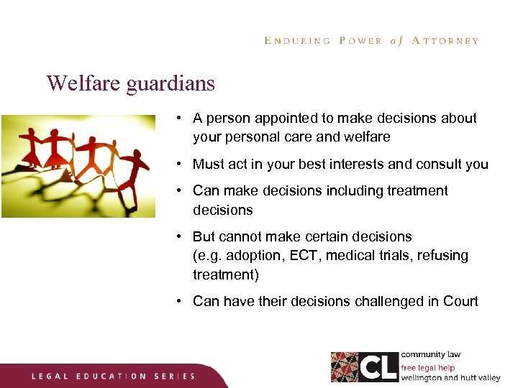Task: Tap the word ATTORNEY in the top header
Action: (x=445, y=41)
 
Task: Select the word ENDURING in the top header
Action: (x=297, y=41)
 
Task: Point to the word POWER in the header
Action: (x=360, y=41)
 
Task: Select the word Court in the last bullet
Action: (x=460, y=301)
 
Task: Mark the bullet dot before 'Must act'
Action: (x=178, y=164)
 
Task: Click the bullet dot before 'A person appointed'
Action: (x=178, y=118)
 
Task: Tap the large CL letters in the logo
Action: (x=378, y=367)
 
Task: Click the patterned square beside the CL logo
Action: (x=345, y=367)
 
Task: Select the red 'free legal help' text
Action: (x=428, y=368)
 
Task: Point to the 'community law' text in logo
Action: (x=430, y=355)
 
